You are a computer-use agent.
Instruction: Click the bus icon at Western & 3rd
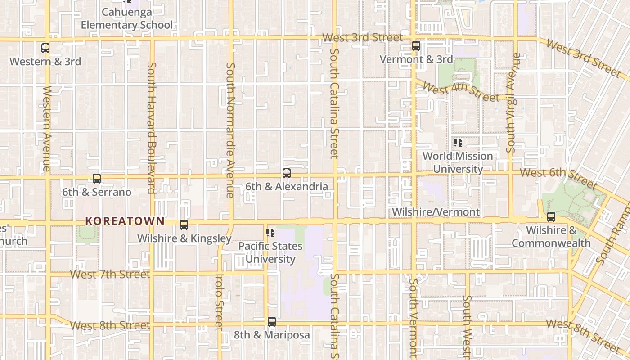coord(45,48)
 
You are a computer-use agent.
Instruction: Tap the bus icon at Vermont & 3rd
coord(416,45)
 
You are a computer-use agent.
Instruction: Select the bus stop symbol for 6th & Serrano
coord(97,179)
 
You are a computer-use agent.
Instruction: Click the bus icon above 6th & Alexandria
coord(287,173)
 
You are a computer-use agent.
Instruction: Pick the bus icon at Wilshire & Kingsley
coord(184,225)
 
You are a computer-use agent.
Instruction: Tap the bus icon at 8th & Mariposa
coord(272,322)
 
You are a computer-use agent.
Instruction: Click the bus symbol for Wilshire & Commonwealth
coord(551,217)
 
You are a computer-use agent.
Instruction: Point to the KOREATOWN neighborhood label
coord(125,221)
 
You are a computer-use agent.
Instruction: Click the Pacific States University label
coord(270,252)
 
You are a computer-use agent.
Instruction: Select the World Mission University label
coord(458,162)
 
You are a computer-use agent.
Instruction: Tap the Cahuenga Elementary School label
coord(127,18)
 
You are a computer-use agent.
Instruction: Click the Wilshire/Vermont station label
coord(436,212)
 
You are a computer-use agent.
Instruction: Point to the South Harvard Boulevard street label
coord(152,127)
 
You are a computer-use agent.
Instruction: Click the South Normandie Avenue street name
coord(230,130)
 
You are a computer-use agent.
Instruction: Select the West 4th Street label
coord(461,91)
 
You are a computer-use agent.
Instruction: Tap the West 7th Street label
coord(110,274)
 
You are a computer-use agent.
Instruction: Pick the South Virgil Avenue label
coord(513,103)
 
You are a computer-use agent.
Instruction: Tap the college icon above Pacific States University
coord(270,233)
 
